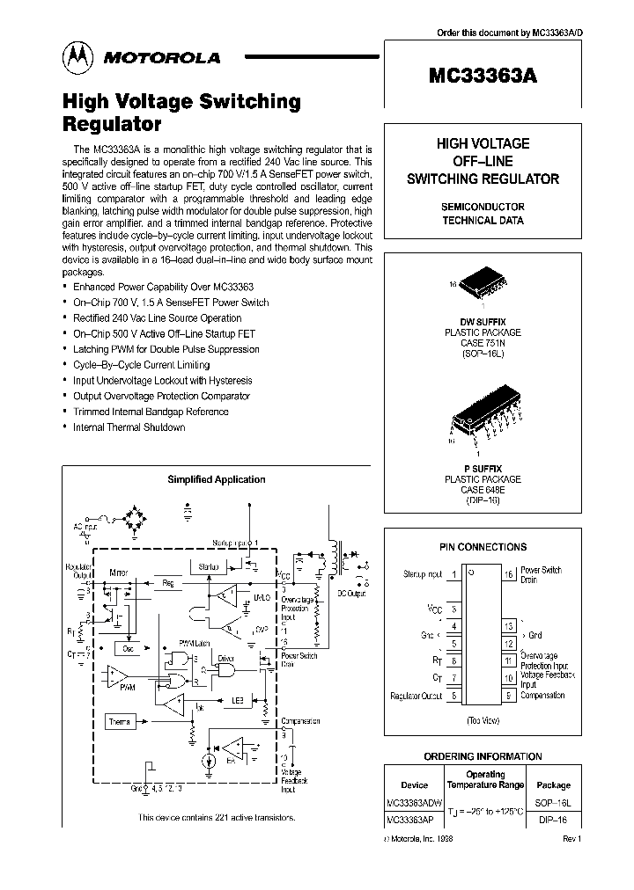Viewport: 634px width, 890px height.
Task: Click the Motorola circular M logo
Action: pos(76,56)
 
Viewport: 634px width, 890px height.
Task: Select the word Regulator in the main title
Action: pos(111,124)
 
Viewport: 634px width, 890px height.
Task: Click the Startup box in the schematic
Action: pos(208,567)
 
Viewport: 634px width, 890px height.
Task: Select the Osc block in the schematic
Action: pos(128,647)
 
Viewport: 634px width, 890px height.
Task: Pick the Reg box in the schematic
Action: pos(167,582)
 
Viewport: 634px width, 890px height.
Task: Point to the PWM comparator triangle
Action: pos(117,677)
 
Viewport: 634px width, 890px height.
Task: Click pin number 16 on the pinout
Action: pos(509,574)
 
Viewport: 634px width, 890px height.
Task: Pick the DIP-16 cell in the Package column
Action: pos(554,819)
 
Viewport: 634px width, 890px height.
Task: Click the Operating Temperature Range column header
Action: pos(483,780)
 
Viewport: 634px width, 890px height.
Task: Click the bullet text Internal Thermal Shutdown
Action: pos(129,427)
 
